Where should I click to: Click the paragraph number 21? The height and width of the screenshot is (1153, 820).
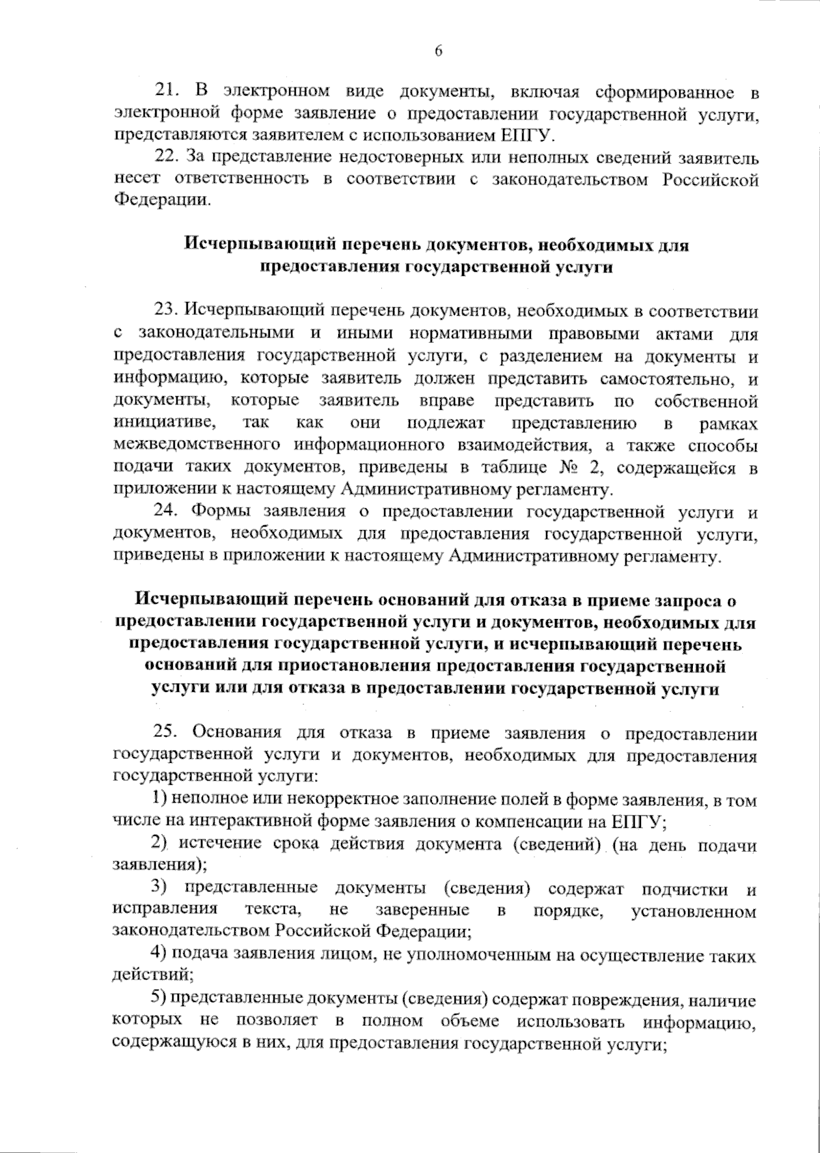click(x=167, y=91)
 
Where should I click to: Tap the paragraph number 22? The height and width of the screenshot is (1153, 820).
click(x=167, y=157)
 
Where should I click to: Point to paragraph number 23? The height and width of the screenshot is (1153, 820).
click(x=167, y=311)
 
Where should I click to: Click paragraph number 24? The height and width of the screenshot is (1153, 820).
click(x=167, y=512)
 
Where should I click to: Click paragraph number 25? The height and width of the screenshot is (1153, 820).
click(x=167, y=733)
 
